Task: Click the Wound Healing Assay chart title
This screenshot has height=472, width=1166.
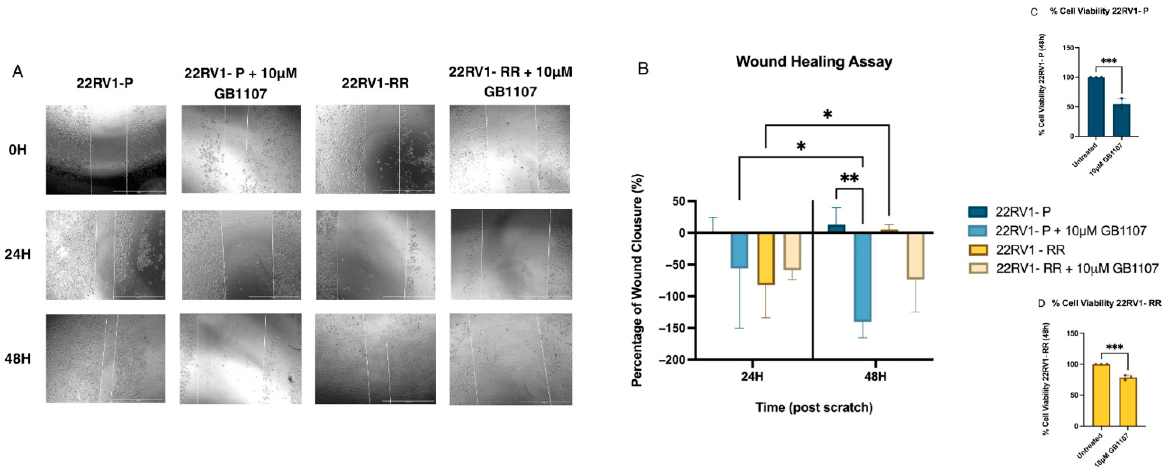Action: pos(814,62)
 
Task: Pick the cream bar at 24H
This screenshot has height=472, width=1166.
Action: pos(792,251)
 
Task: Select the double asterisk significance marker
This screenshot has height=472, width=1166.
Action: pos(849,178)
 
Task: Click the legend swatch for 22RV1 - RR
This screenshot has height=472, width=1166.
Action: pos(978,250)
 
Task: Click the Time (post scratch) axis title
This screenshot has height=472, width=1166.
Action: pos(814,407)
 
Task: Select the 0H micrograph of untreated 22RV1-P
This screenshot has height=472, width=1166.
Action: pos(106,150)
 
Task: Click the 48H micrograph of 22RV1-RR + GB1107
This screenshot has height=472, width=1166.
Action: pos(511,359)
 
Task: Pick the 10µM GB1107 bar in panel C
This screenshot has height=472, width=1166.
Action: pos(1122,120)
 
